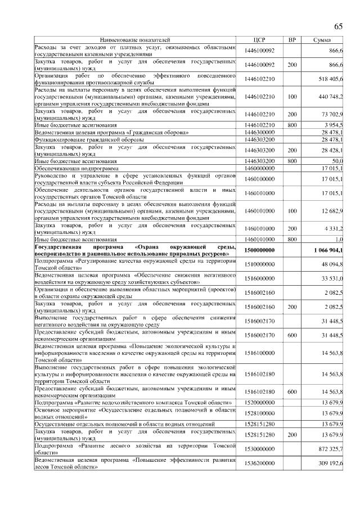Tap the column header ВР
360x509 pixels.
click(x=292, y=40)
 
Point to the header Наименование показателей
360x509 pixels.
click(x=134, y=40)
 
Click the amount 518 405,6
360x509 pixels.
click(x=331, y=79)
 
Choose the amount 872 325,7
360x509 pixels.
click(x=331, y=448)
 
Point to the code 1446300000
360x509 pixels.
click(x=259, y=131)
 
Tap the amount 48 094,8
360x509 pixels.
click(x=332, y=264)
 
